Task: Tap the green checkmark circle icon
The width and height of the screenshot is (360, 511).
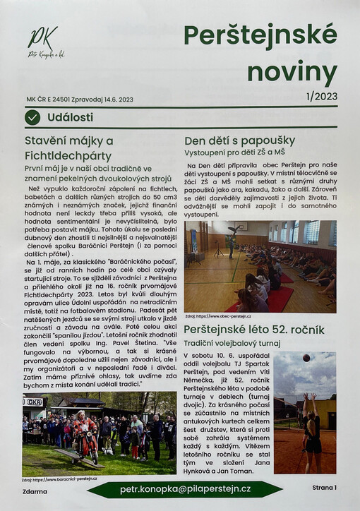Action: (32, 117)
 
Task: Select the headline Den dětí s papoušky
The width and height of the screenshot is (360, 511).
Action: (239, 140)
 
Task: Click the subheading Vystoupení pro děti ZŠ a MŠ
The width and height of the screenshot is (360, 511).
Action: (236, 152)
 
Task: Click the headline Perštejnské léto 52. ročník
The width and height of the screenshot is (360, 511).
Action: (254, 330)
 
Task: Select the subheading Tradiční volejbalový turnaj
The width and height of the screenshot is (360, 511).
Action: (233, 343)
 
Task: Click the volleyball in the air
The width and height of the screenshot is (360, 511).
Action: (306, 359)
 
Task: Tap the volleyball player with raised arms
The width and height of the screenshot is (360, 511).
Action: (311, 431)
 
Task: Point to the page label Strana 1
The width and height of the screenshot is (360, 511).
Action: (324, 487)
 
